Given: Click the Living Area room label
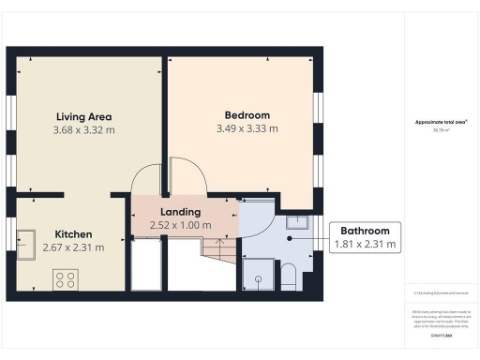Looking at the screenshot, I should pos(82,117).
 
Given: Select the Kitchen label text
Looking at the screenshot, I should pos(72,233).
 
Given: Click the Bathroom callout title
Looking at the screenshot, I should pos(366,231).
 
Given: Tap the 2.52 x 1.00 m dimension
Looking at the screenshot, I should pos(181,226).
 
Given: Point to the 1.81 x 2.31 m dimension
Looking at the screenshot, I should pos(366,245).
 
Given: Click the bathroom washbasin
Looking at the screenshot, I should pos(298,221).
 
